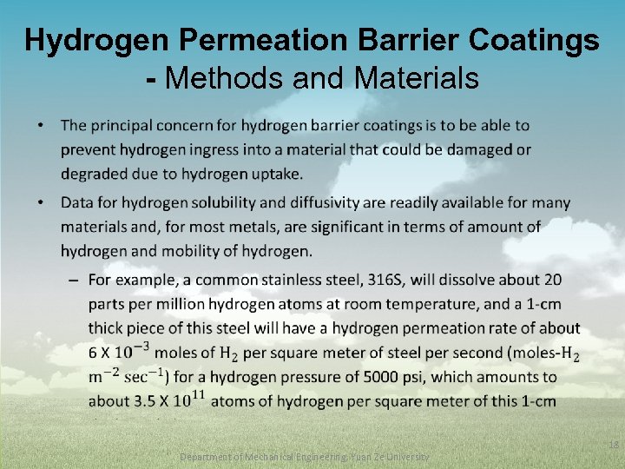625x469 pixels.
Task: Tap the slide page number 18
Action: point(613,445)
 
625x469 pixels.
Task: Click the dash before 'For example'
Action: point(72,280)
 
